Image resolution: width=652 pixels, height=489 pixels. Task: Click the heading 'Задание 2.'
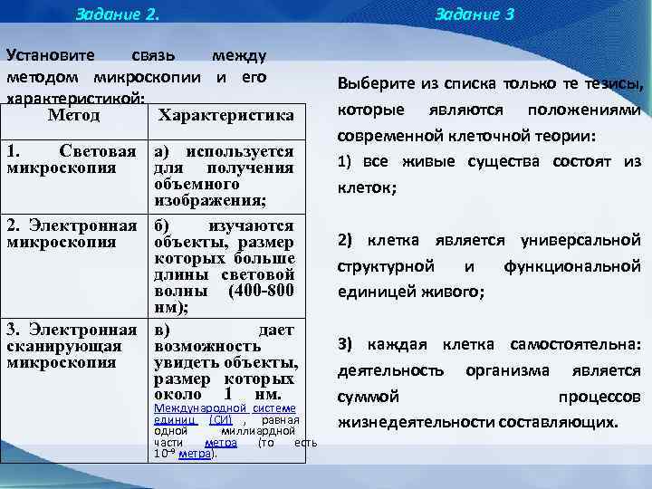117,14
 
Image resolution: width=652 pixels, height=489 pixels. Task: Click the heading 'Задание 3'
487,14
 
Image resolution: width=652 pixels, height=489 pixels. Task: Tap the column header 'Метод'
73,115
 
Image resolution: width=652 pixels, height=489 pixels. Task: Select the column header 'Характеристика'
225,116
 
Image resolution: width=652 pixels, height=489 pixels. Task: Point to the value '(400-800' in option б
263,291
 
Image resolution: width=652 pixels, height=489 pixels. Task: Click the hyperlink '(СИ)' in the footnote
220,420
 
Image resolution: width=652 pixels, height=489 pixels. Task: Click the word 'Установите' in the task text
53,57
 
